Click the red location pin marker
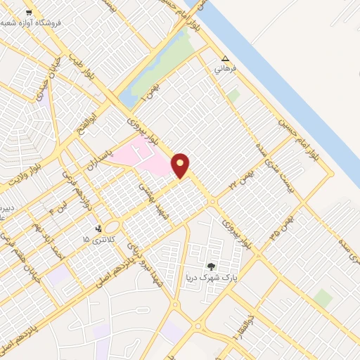(x=181, y=165)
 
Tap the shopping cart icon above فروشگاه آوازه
(x=28, y=13)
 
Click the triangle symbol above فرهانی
(x=225, y=59)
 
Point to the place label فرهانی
(x=227, y=70)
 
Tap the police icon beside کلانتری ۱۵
(x=98, y=229)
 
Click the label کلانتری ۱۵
(x=96, y=240)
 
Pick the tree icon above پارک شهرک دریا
(x=210, y=266)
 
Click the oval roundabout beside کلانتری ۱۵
(x=112, y=226)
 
